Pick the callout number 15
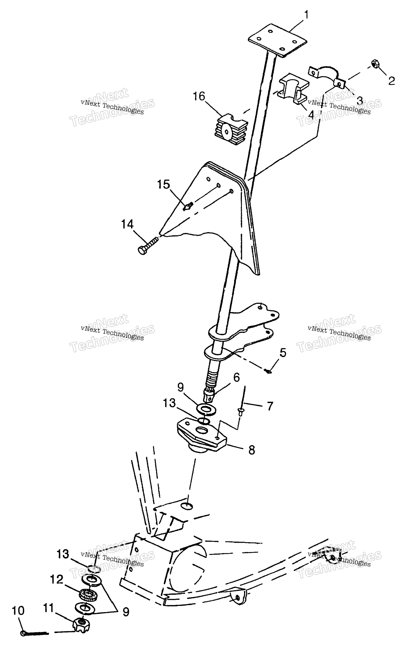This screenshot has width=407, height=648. [x=163, y=185]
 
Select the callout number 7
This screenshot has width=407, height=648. [x=270, y=406]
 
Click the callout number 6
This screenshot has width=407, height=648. [x=236, y=377]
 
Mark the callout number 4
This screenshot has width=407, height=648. [x=311, y=115]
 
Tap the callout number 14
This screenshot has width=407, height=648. [x=127, y=224]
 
